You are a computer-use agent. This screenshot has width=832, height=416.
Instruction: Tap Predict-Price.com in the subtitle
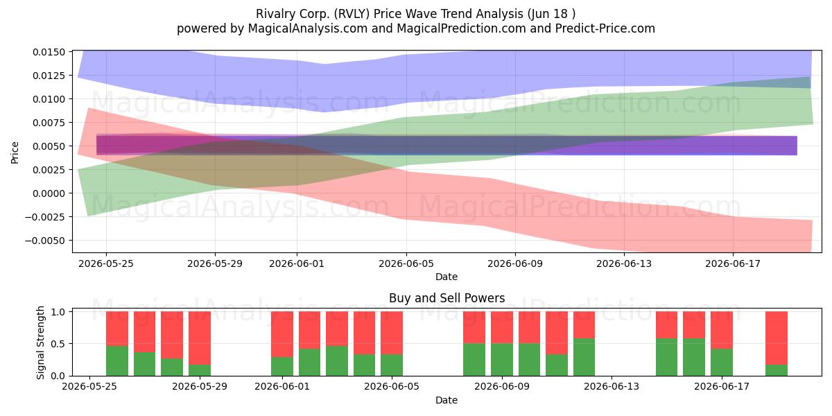605,28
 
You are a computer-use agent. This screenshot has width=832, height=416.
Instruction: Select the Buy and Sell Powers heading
447,298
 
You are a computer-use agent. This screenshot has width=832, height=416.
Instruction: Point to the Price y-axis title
15,153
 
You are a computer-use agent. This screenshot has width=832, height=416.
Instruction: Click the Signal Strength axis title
40,343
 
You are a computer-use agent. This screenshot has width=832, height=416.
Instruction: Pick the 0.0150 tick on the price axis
49,52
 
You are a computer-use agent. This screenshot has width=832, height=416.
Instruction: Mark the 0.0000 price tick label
49,193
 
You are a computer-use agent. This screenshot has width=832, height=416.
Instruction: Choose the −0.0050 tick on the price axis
45,241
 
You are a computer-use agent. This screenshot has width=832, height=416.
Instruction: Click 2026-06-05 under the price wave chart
406,263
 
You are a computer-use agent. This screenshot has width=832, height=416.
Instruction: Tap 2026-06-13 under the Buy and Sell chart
612,387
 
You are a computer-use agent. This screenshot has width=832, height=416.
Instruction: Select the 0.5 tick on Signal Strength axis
58,344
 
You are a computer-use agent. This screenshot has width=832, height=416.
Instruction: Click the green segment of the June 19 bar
777,370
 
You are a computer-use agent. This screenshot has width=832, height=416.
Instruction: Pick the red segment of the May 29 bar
200,338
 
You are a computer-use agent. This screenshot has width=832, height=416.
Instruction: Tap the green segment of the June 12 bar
584,357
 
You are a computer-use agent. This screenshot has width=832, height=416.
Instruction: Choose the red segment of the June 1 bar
282,334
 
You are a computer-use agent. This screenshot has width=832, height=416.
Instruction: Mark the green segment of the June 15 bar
666,357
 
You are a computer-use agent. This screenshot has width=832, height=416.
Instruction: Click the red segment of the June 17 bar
721,330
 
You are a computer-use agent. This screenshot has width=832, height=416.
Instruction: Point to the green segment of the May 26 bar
117,361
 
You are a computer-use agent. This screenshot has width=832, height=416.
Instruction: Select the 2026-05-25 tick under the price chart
106,263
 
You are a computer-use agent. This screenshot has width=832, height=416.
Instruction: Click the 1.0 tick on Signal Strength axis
58,311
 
